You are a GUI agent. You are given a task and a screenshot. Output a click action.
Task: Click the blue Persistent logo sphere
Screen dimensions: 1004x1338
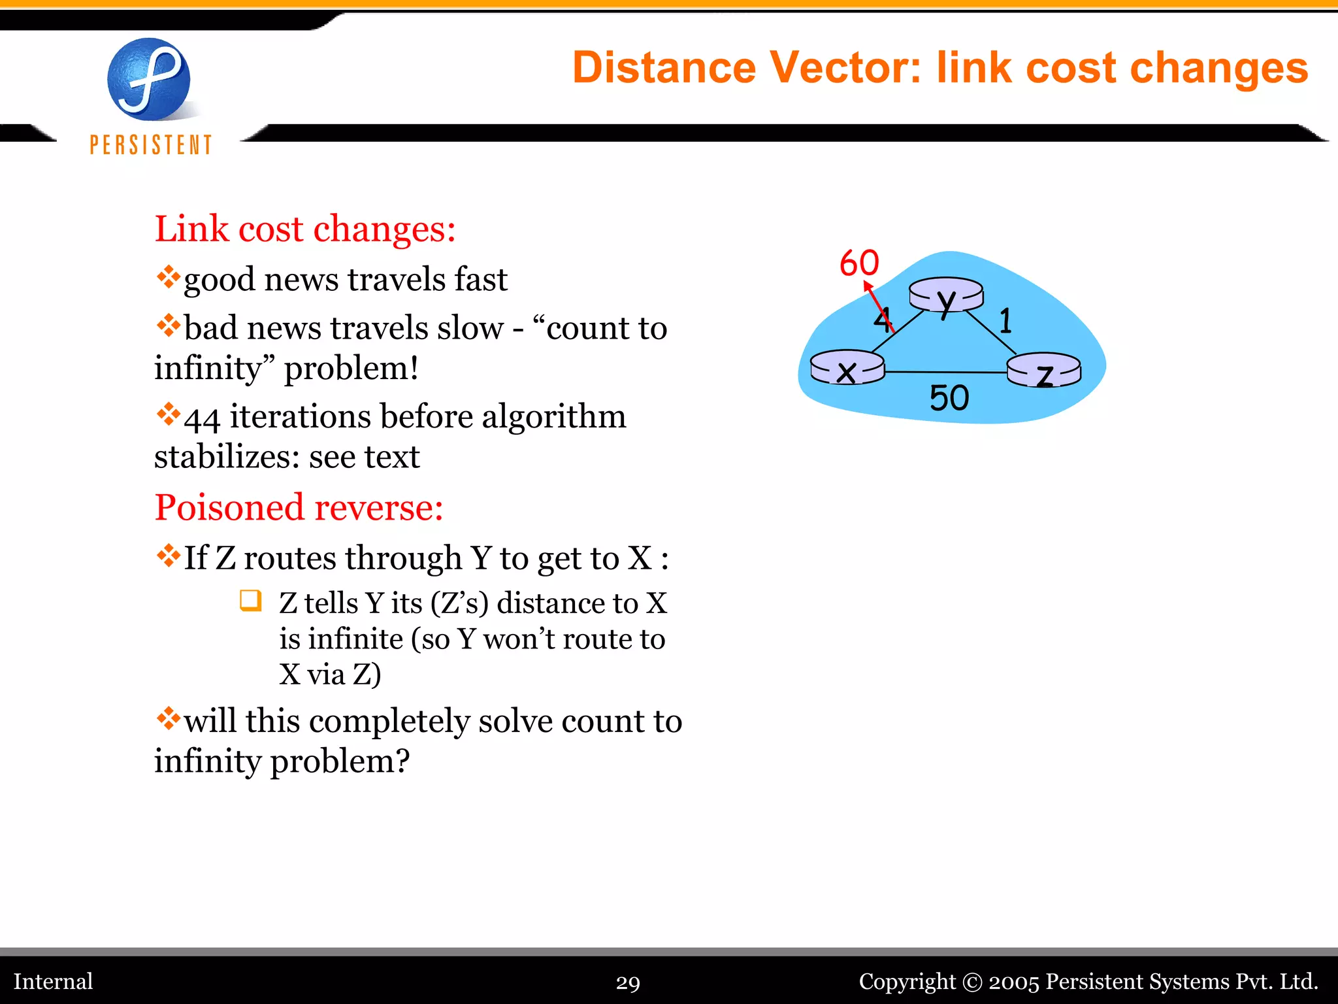pyautogui.click(x=149, y=80)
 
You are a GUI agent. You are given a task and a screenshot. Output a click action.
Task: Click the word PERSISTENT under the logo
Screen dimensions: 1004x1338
pyautogui.click(x=151, y=145)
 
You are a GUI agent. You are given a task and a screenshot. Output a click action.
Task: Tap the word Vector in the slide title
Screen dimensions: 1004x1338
pyautogui.click(x=845, y=68)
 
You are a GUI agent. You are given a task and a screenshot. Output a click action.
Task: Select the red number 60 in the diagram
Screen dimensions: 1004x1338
pyautogui.click(x=859, y=263)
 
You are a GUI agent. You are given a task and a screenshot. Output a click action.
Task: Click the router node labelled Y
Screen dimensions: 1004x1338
pyautogui.click(x=946, y=296)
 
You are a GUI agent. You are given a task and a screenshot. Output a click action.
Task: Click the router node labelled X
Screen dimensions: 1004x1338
pyautogui.click(x=847, y=368)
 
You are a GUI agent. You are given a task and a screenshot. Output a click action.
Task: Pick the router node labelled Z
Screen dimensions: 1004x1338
pyautogui.click(x=1043, y=371)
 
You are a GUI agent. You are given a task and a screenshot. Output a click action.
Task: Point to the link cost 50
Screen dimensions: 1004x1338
pyautogui.click(x=949, y=398)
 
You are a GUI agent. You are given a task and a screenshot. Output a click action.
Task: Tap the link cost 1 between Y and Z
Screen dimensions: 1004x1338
pyautogui.click(x=1005, y=321)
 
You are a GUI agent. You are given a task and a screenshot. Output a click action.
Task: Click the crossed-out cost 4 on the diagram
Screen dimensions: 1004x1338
pyautogui.click(x=883, y=319)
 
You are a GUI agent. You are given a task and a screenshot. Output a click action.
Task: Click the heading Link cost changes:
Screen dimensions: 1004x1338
pyautogui.click(x=304, y=229)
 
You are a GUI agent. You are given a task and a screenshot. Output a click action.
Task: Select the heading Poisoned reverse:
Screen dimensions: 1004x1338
pyautogui.click(x=299, y=508)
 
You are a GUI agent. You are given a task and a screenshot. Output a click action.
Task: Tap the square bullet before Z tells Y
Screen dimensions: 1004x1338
pyautogui.click(x=250, y=600)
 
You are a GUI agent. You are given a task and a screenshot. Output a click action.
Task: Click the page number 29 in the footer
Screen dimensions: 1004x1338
pyautogui.click(x=628, y=982)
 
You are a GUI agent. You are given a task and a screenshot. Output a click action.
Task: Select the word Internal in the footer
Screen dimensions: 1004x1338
pyautogui.click(x=54, y=982)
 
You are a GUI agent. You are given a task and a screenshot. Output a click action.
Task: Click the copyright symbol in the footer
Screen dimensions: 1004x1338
pyautogui.click(x=972, y=982)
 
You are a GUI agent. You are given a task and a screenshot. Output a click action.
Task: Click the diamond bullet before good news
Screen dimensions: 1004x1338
pyautogui.click(x=168, y=276)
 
